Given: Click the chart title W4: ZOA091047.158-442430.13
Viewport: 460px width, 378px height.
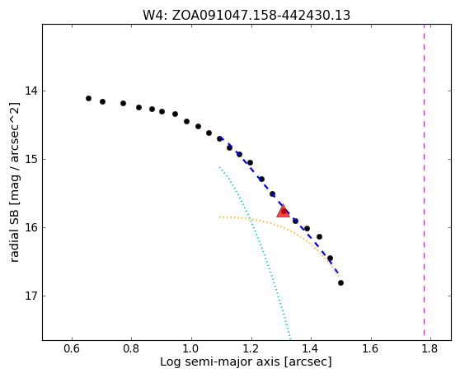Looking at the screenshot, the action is pyautogui.click(x=246, y=15).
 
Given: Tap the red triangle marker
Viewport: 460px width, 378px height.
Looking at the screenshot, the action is pyautogui.click(x=283, y=212).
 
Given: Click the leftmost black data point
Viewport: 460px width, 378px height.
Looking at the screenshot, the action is pyautogui.click(x=88, y=99).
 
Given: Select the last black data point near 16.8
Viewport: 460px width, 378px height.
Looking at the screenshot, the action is pyautogui.click(x=340, y=282).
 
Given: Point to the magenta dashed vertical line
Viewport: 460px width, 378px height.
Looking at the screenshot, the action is pyautogui.click(x=424, y=180).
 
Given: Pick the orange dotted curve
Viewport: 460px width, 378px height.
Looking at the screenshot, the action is pyautogui.click(x=282, y=226).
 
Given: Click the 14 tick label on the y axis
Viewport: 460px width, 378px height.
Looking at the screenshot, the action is pyautogui.click(x=31, y=91).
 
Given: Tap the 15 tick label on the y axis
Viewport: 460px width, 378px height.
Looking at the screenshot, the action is pyautogui.click(x=31, y=159).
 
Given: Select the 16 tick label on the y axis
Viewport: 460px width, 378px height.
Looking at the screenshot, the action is pyautogui.click(x=31, y=227).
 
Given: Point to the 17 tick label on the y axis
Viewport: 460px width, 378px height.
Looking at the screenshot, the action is pyautogui.click(x=31, y=296).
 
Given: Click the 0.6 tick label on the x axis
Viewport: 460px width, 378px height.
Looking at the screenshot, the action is pyautogui.click(x=72, y=348).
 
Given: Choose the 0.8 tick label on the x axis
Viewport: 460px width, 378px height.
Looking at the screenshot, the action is pyautogui.click(x=131, y=348).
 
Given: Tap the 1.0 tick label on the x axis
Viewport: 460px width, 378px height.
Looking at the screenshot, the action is pyautogui.click(x=191, y=348).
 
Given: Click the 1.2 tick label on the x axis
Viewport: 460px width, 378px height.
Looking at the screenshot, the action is pyautogui.click(x=251, y=348).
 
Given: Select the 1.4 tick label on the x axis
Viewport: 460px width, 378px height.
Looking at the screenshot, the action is pyautogui.click(x=312, y=348).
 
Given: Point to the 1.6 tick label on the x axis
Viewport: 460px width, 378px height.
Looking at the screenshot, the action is pyautogui.click(x=371, y=348).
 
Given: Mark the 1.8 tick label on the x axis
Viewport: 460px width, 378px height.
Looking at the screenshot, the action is pyautogui.click(x=431, y=348).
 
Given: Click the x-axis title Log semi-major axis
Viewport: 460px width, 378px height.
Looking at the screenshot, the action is pyautogui.click(x=220, y=362).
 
